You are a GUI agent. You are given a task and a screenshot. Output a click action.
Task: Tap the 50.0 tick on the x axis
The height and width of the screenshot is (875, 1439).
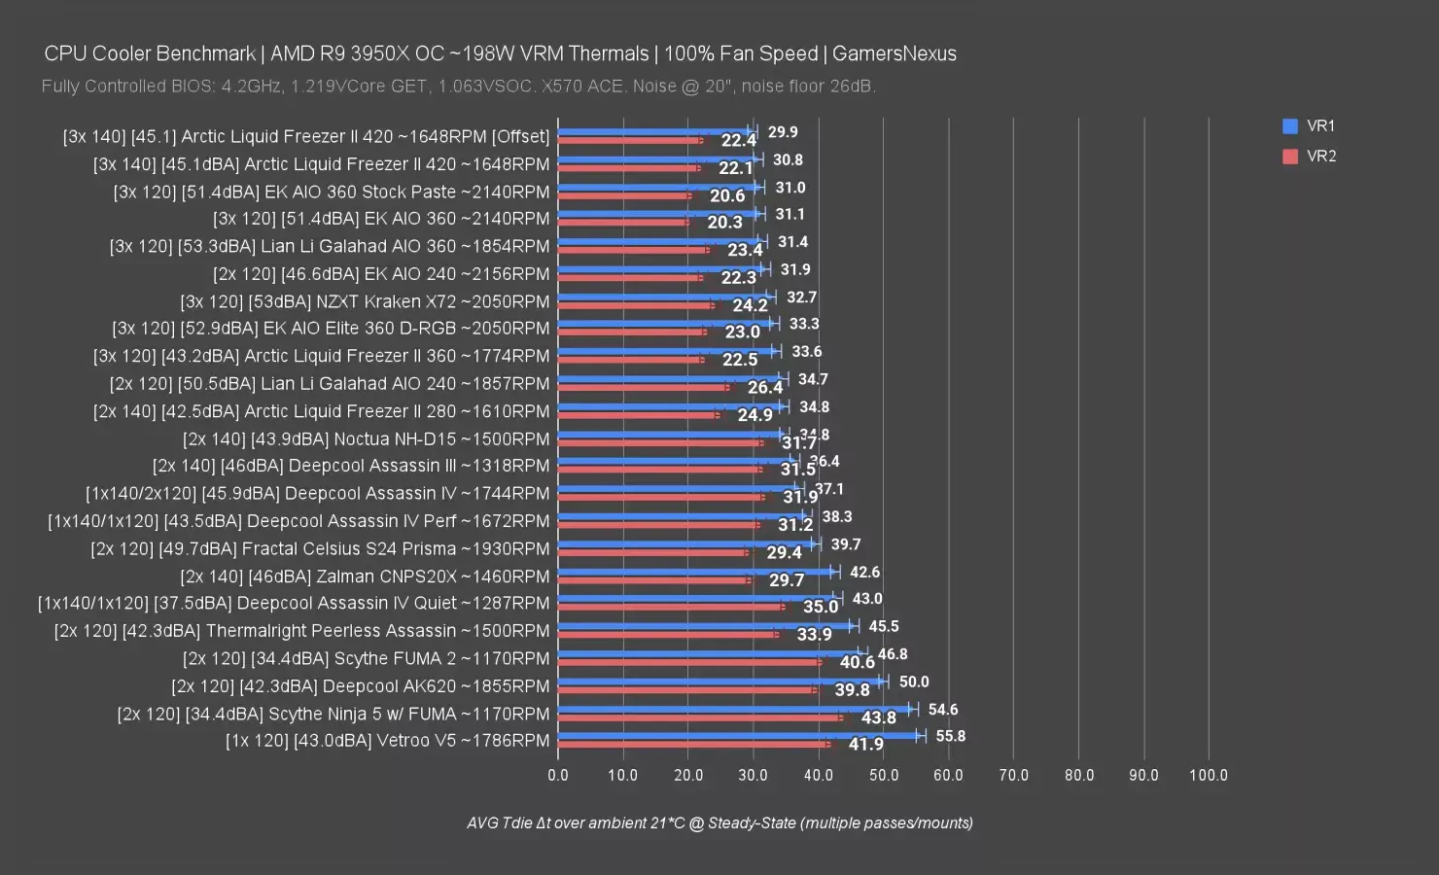pos(883,775)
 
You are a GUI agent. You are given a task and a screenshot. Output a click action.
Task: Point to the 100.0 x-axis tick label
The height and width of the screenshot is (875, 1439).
pos(1209,775)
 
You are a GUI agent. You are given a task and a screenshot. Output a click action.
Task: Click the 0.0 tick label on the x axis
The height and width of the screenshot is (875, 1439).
pos(558,775)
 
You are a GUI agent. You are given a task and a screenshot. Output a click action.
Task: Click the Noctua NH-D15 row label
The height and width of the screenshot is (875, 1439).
pos(366,438)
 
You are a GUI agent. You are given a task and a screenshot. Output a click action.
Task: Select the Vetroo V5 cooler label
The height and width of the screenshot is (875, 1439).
pos(387,741)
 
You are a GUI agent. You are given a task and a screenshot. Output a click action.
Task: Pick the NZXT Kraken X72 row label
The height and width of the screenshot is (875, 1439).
pos(365,301)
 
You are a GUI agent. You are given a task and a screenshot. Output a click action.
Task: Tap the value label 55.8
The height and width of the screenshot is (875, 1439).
pos(950,736)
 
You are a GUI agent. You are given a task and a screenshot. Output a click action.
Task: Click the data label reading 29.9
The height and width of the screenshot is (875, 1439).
pos(783,132)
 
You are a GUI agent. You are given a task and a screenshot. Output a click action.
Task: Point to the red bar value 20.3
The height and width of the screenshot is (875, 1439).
pos(724,223)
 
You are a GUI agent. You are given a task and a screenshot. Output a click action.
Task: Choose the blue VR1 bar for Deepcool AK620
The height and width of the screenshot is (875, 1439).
pos(719,682)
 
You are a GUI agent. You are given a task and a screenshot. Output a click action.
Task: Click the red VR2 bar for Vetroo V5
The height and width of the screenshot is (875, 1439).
pos(692,745)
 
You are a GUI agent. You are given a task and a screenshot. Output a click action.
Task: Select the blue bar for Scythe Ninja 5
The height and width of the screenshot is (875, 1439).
pos(734,709)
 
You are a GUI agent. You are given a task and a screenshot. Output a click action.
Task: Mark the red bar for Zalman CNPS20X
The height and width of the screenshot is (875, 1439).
pos(653,579)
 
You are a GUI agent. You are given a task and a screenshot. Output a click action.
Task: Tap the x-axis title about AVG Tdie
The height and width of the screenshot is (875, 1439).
pos(719,822)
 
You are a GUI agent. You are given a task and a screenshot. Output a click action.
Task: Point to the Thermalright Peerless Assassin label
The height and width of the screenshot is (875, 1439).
pos(302,631)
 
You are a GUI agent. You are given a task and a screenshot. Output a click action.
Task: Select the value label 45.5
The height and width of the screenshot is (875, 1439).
pos(883,626)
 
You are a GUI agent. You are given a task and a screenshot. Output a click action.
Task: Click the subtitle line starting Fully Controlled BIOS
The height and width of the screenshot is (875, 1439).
pos(458,87)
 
